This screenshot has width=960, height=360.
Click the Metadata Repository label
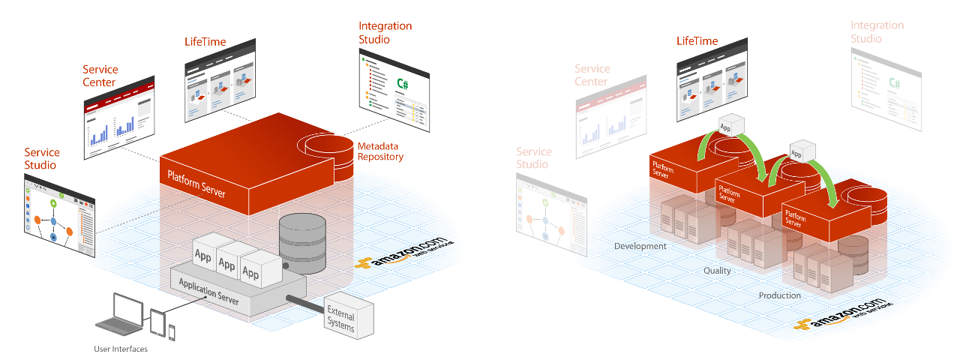point(380,151)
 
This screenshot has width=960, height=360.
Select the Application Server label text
point(209,291)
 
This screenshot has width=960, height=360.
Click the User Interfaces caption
point(121,349)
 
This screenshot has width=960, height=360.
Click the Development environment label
point(640,246)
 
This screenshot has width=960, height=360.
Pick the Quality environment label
point(717,271)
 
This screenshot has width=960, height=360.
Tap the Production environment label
point(779,295)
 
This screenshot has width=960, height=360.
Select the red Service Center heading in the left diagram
point(100,76)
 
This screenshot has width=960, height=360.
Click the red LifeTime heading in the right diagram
point(697,41)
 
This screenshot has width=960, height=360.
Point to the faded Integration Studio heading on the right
point(877,31)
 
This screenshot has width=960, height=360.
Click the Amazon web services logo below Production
point(844,315)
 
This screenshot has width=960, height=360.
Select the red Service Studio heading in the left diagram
point(41,159)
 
